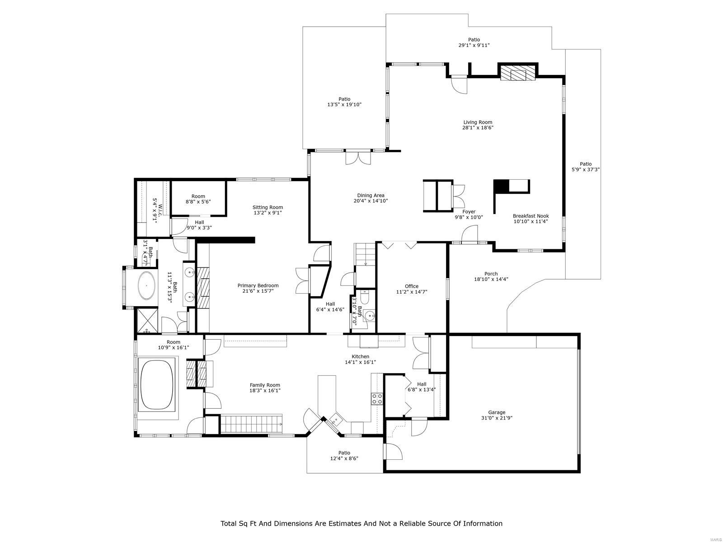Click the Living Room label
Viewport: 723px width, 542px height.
pos(478,122)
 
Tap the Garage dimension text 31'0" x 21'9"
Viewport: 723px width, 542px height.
pos(496,418)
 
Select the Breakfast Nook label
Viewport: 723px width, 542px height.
pos(530,216)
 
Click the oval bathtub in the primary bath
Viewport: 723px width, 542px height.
pos(146,285)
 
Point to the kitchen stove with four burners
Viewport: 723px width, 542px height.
pos(377,398)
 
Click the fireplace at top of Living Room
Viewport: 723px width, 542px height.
pos(518,73)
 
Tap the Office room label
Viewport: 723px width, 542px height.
pos(411,286)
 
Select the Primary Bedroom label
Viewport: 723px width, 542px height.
pos(258,285)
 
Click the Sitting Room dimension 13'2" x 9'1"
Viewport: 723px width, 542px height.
pos(268,213)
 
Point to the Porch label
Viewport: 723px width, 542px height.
pos(491,274)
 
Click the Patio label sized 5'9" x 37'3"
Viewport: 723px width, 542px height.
pos(586,164)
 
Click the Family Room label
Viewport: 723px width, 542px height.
pos(265,385)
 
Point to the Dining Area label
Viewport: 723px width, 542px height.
pos(371,196)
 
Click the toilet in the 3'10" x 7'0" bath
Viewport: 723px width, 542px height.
pos(365,299)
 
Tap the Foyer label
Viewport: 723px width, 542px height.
pos(469,211)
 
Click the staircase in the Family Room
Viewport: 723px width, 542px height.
pos(251,424)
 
